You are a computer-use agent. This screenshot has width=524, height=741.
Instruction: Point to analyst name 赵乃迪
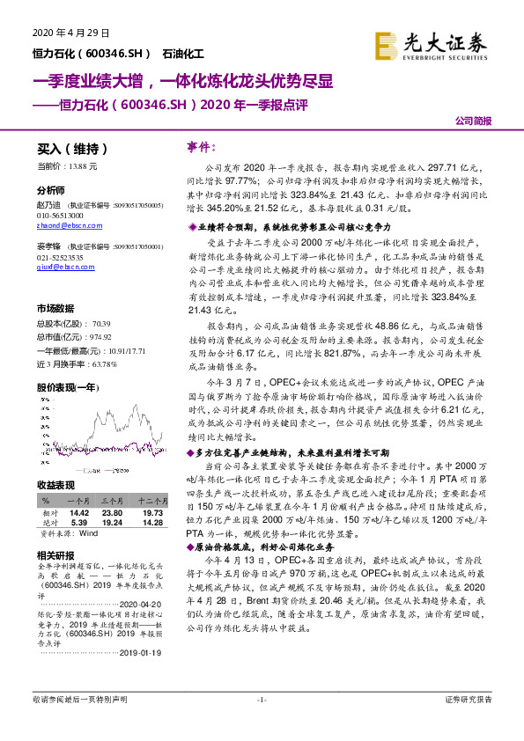pos(48,204)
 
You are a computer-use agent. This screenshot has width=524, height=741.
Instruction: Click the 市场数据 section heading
pos(55,308)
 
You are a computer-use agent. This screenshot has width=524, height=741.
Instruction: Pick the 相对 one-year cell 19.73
pos(153,510)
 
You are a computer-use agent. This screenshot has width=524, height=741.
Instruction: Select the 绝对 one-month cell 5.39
pos(79,522)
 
